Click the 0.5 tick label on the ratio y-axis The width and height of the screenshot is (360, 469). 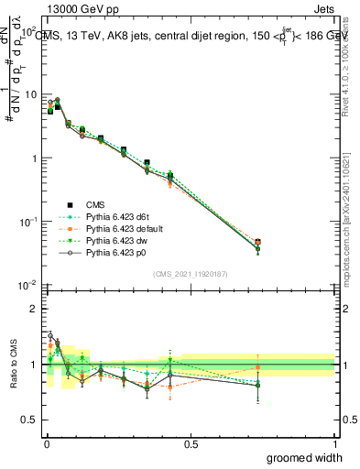coord(29,420)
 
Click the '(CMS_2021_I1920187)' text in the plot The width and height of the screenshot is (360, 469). coord(191,274)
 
